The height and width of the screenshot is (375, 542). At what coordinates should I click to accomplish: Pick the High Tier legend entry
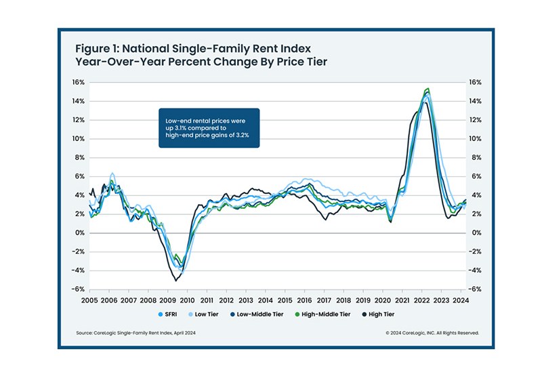pos(394,314)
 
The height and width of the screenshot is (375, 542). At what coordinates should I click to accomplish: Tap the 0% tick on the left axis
pos(79,233)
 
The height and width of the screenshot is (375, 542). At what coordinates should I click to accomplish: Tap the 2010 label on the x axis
pos(187,299)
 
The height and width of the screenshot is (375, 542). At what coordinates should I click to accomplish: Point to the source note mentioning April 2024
pos(138,333)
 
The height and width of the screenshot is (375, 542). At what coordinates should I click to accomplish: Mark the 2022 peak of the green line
pos(427,89)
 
